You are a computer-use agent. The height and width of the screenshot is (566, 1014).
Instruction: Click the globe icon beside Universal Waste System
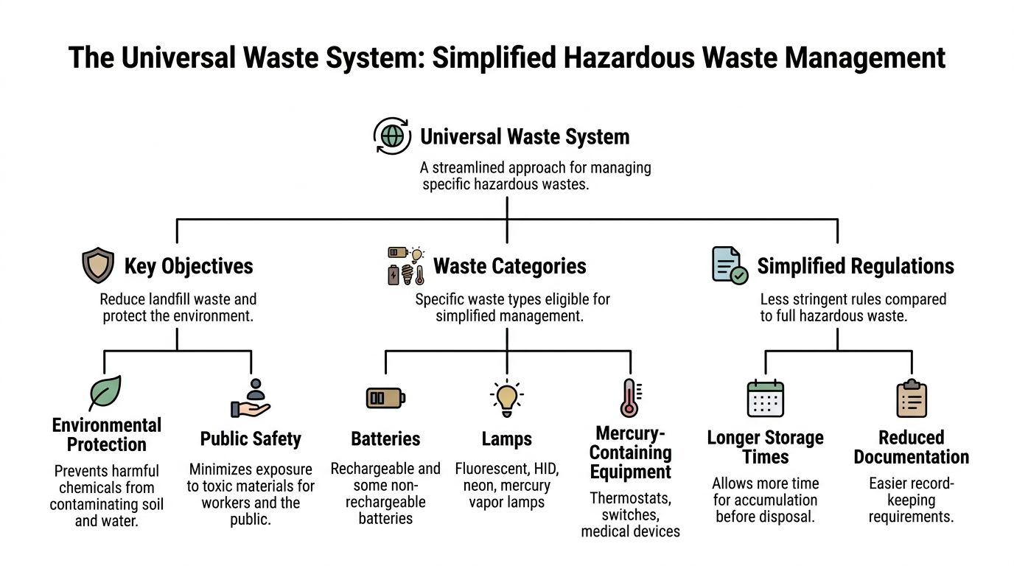(392, 136)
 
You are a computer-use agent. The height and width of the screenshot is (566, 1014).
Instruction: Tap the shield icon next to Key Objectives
(98, 266)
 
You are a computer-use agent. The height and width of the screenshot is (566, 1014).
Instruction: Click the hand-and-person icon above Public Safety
(251, 399)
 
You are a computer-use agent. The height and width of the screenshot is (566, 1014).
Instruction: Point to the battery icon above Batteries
(385, 398)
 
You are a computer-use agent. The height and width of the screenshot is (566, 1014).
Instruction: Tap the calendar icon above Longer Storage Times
(766, 399)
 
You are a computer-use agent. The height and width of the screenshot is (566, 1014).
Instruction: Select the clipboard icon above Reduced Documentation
(912, 399)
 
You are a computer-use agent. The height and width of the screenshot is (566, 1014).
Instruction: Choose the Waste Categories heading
(509, 266)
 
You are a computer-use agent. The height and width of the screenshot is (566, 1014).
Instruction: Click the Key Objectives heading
(189, 266)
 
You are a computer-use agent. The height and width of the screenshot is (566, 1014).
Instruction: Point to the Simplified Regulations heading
(856, 266)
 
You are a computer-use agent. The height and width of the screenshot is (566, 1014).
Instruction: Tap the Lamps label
(507, 439)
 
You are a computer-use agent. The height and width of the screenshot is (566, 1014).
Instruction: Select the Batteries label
(385, 439)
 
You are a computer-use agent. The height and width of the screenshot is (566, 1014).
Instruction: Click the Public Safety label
(251, 439)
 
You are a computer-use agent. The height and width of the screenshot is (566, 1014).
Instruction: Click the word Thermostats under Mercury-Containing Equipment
(631, 498)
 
